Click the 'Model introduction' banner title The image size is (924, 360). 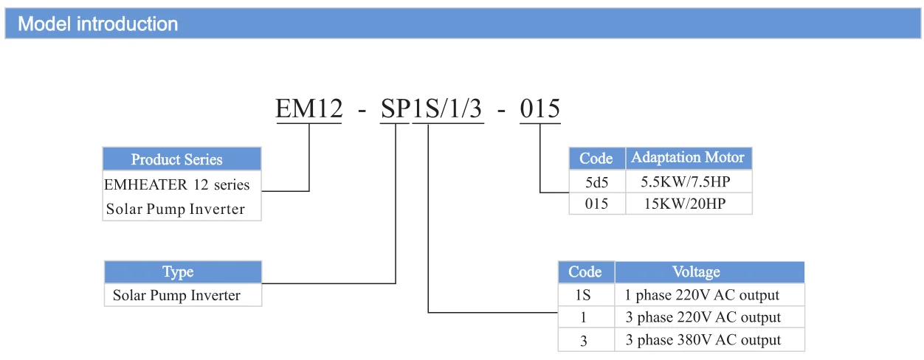point(98,24)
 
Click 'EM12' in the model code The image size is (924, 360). point(309,109)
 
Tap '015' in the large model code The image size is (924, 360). point(540,109)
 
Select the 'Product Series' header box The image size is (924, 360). point(176,159)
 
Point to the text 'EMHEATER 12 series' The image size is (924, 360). point(177,184)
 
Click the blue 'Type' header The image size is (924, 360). point(178,272)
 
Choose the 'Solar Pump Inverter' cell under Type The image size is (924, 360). point(177,296)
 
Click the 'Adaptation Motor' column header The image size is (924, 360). point(688,158)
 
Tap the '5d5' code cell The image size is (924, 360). point(596,181)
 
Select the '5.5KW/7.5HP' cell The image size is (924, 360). point(688,181)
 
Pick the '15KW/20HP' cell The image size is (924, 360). point(688,204)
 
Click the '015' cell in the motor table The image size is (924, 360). point(596,204)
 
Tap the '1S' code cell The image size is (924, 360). point(585,295)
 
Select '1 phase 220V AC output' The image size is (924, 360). point(702,295)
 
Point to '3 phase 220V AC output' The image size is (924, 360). point(703,318)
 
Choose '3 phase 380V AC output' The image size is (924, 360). point(703,340)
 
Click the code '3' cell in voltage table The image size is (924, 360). point(585,340)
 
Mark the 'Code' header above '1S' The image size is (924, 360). point(585,272)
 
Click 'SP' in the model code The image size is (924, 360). point(395,109)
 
